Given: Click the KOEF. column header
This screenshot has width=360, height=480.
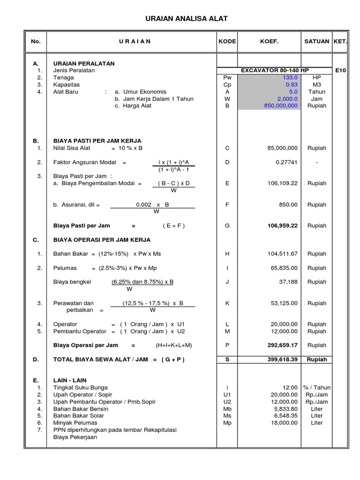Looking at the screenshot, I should (x=269, y=41).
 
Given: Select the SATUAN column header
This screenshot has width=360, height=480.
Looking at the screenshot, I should (x=317, y=41).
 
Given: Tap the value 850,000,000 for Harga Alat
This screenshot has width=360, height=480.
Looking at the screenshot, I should (x=281, y=106).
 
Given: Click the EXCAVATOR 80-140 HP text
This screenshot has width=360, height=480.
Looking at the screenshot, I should (x=275, y=71).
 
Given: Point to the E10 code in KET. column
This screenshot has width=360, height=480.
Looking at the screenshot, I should (x=340, y=71).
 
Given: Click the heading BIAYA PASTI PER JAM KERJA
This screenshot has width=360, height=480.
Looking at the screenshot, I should (x=97, y=141).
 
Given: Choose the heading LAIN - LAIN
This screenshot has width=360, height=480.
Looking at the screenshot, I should (x=70, y=380).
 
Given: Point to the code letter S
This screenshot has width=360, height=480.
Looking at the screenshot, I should (x=227, y=360).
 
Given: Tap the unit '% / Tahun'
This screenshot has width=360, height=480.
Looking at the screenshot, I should (x=317, y=388).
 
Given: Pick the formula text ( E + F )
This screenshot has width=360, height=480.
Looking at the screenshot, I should (x=174, y=225).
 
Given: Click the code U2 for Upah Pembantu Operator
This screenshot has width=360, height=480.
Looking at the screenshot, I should (x=227, y=402).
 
